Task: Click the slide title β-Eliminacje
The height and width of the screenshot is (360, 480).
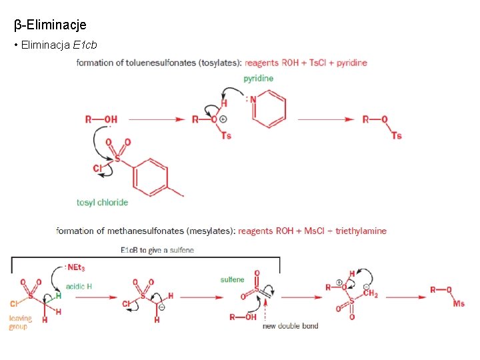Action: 50,25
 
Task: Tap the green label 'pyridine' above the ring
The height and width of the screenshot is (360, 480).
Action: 258,78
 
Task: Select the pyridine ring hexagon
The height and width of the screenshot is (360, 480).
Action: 270,108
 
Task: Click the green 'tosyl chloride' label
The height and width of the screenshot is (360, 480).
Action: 102,202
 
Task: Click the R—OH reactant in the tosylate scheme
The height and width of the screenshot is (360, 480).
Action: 101,119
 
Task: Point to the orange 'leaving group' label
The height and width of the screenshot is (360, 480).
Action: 21,323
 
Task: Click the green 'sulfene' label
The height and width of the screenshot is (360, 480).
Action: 232,279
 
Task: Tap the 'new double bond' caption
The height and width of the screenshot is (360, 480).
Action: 290,326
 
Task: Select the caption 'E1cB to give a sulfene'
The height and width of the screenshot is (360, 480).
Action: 157,250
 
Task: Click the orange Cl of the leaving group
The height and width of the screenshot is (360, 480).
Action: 14,304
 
